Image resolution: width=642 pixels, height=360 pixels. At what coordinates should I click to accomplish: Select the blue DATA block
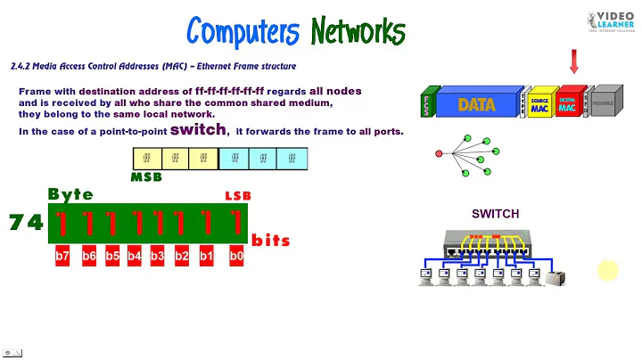(477, 104)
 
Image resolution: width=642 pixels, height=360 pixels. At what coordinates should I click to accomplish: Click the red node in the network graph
(438, 154)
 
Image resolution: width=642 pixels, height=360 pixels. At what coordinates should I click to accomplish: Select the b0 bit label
(236, 257)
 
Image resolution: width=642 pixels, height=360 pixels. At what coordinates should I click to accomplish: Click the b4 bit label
(135, 257)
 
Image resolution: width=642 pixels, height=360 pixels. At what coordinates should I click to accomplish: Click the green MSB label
(145, 177)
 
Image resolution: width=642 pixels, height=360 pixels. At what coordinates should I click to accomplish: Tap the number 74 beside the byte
(26, 223)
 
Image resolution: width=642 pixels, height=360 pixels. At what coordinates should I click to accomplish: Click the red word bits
(271, 241)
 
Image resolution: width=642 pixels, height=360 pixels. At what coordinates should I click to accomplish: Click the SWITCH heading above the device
(495, 214)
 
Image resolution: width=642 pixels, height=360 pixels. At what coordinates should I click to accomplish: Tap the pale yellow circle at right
(607, 270)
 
